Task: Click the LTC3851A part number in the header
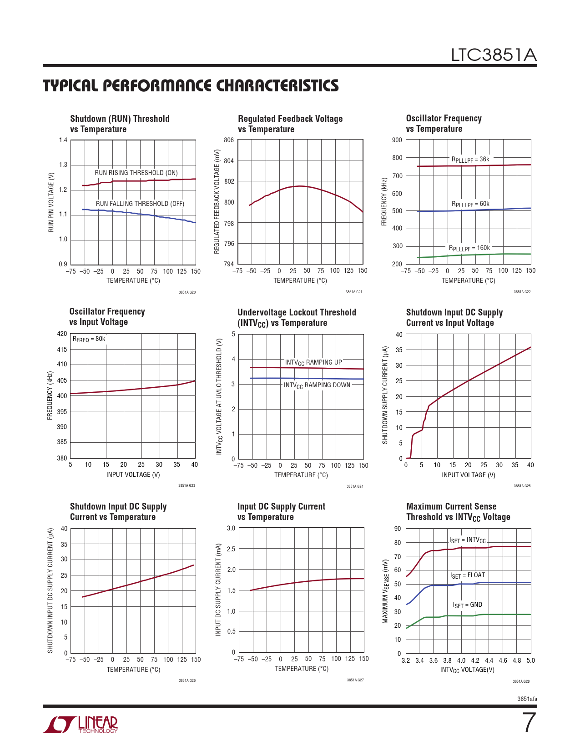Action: tap(494, 55)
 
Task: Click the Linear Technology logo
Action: tap(81, 725)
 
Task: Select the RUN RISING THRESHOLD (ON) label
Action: tap(136, 173)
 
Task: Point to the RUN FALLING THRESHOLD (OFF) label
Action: tap(140, 204)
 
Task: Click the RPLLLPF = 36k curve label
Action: tap(470, 160)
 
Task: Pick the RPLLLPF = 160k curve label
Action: tap(469, 248)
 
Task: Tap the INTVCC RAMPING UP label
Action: tap(313, 362)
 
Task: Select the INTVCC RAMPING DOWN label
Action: tap(317, 385)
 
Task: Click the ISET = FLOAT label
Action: tap(467, 575)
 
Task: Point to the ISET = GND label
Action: tap(467, 605)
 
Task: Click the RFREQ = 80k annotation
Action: tap(89, 339)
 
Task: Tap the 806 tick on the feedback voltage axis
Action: tap(229, 140)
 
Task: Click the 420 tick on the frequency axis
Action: tap(62, 334)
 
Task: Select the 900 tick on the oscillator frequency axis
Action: tap(397, 140)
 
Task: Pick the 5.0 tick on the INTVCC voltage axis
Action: tap(530, 660)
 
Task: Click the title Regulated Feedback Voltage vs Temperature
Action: tap(290, 124)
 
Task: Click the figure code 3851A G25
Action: tap(522, 486)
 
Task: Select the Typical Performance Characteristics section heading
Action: tap(191, 85)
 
